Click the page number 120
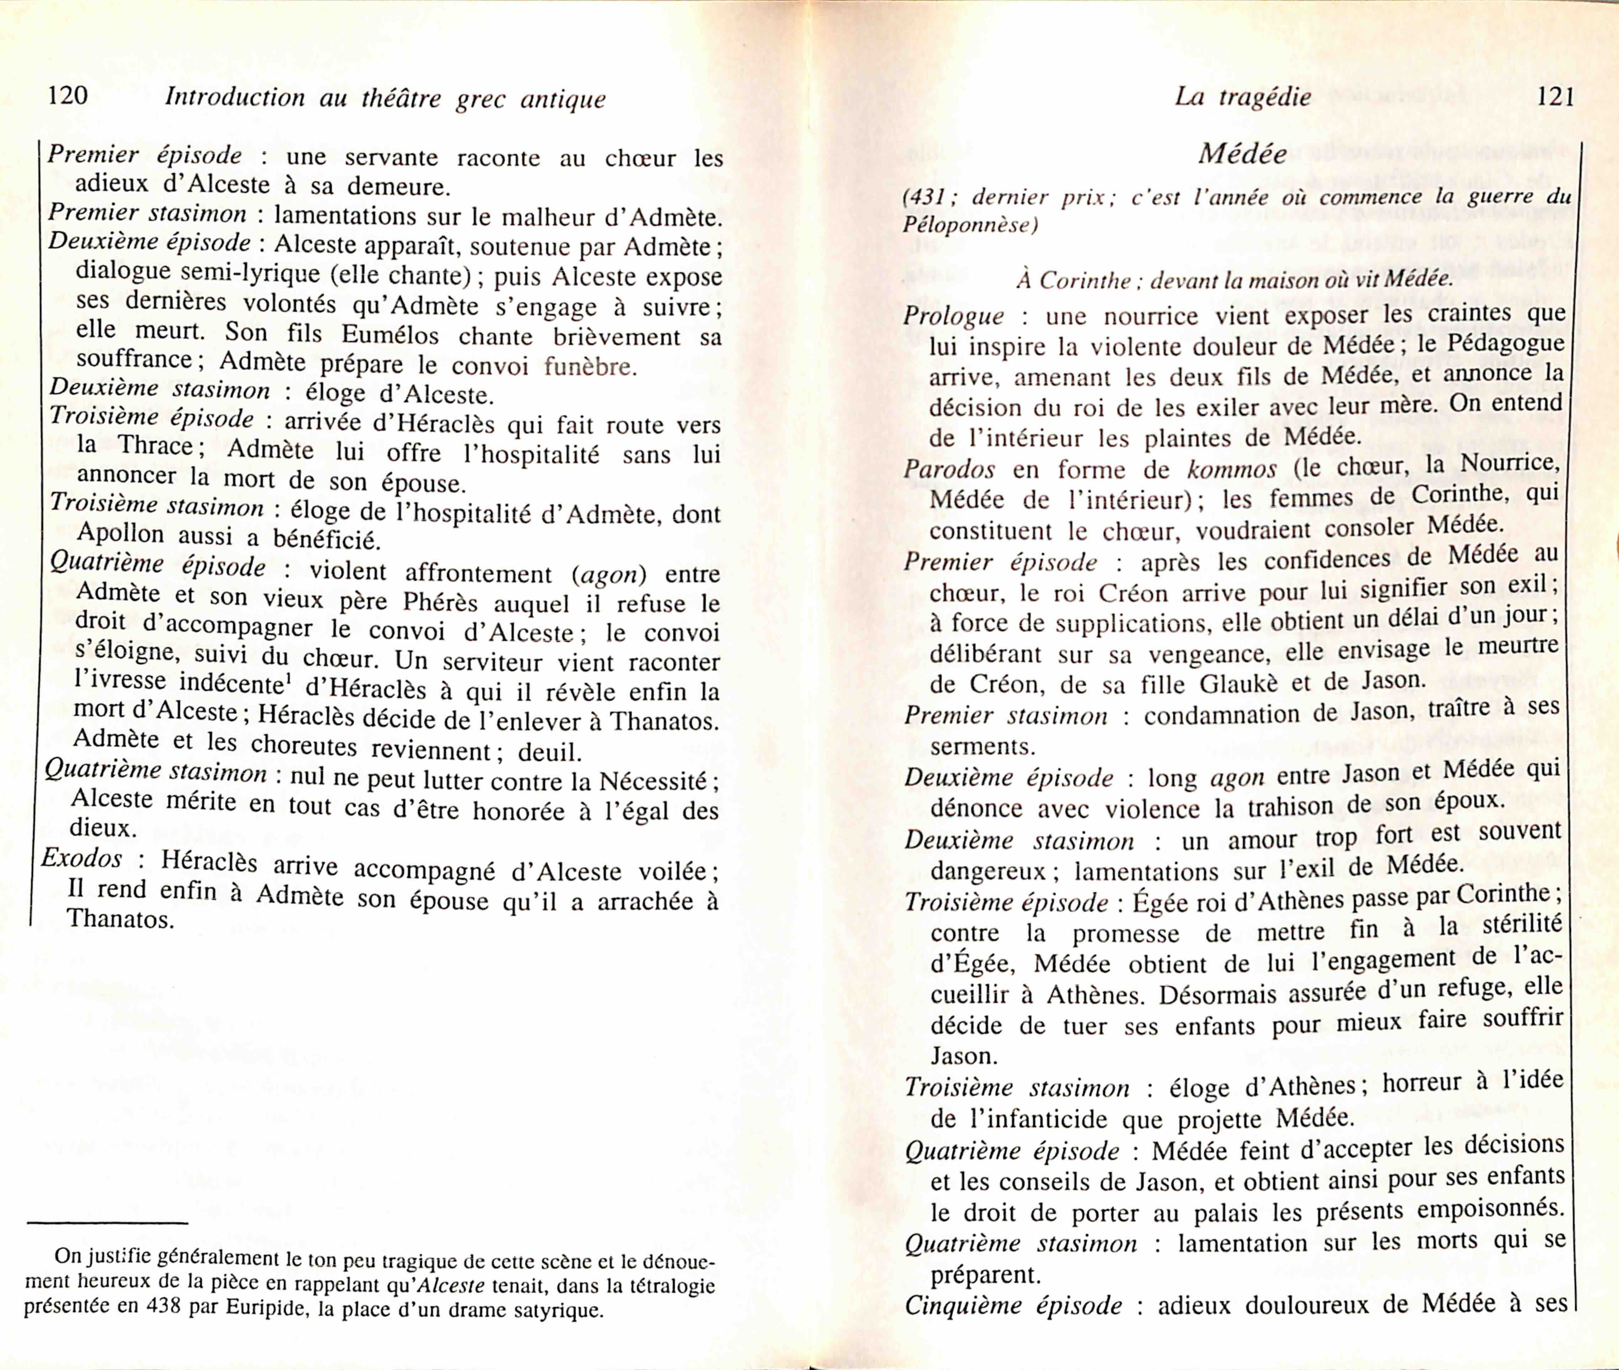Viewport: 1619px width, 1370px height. [67, 96]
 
